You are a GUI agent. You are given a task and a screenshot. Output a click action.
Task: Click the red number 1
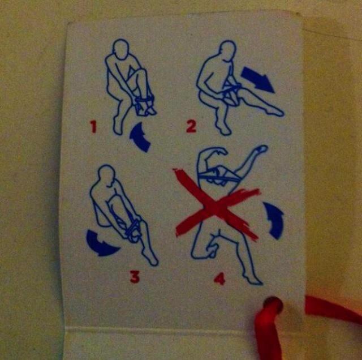[x=93, y=127]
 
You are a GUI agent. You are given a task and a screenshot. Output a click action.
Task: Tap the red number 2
[x=191, y=127]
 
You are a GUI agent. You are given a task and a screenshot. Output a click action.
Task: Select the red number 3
[x=135, y=277]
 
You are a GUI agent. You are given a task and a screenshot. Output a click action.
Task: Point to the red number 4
[x=219, y=279]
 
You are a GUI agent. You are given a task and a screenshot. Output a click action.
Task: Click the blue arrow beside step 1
[x=139, y=138]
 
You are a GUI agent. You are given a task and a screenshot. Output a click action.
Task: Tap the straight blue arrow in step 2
[x=257, y=79]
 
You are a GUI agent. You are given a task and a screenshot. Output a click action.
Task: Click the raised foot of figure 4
[x=262, y=149]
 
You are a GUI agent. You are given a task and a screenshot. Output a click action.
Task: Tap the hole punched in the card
[x=273, y=305]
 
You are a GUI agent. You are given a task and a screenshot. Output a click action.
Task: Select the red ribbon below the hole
[x=268, y=335]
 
